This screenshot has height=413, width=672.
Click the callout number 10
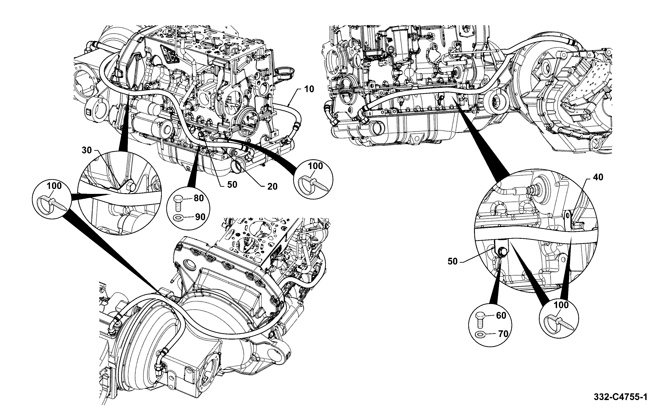309,89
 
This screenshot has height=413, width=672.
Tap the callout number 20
272,187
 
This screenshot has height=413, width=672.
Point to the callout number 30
87,150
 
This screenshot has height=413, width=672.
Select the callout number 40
598,177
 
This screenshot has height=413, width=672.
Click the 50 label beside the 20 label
232,185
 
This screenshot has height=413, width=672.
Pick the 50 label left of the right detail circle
452,261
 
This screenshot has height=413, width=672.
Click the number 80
199,198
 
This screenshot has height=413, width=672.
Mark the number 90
200,217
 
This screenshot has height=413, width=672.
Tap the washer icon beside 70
480,335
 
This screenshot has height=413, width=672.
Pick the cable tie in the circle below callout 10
313,182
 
